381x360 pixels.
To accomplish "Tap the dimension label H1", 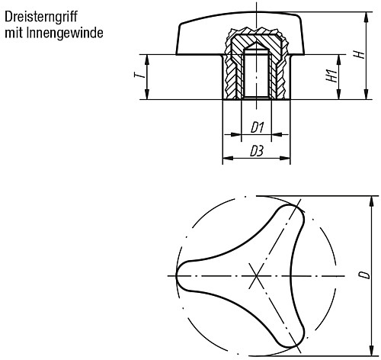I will click(331, 76).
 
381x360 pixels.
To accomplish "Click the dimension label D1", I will click(257, 127).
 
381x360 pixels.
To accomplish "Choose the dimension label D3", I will click(257, 152).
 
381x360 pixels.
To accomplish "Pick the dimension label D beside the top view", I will click(367, 272).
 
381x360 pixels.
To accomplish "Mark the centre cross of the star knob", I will click(257, 275).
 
